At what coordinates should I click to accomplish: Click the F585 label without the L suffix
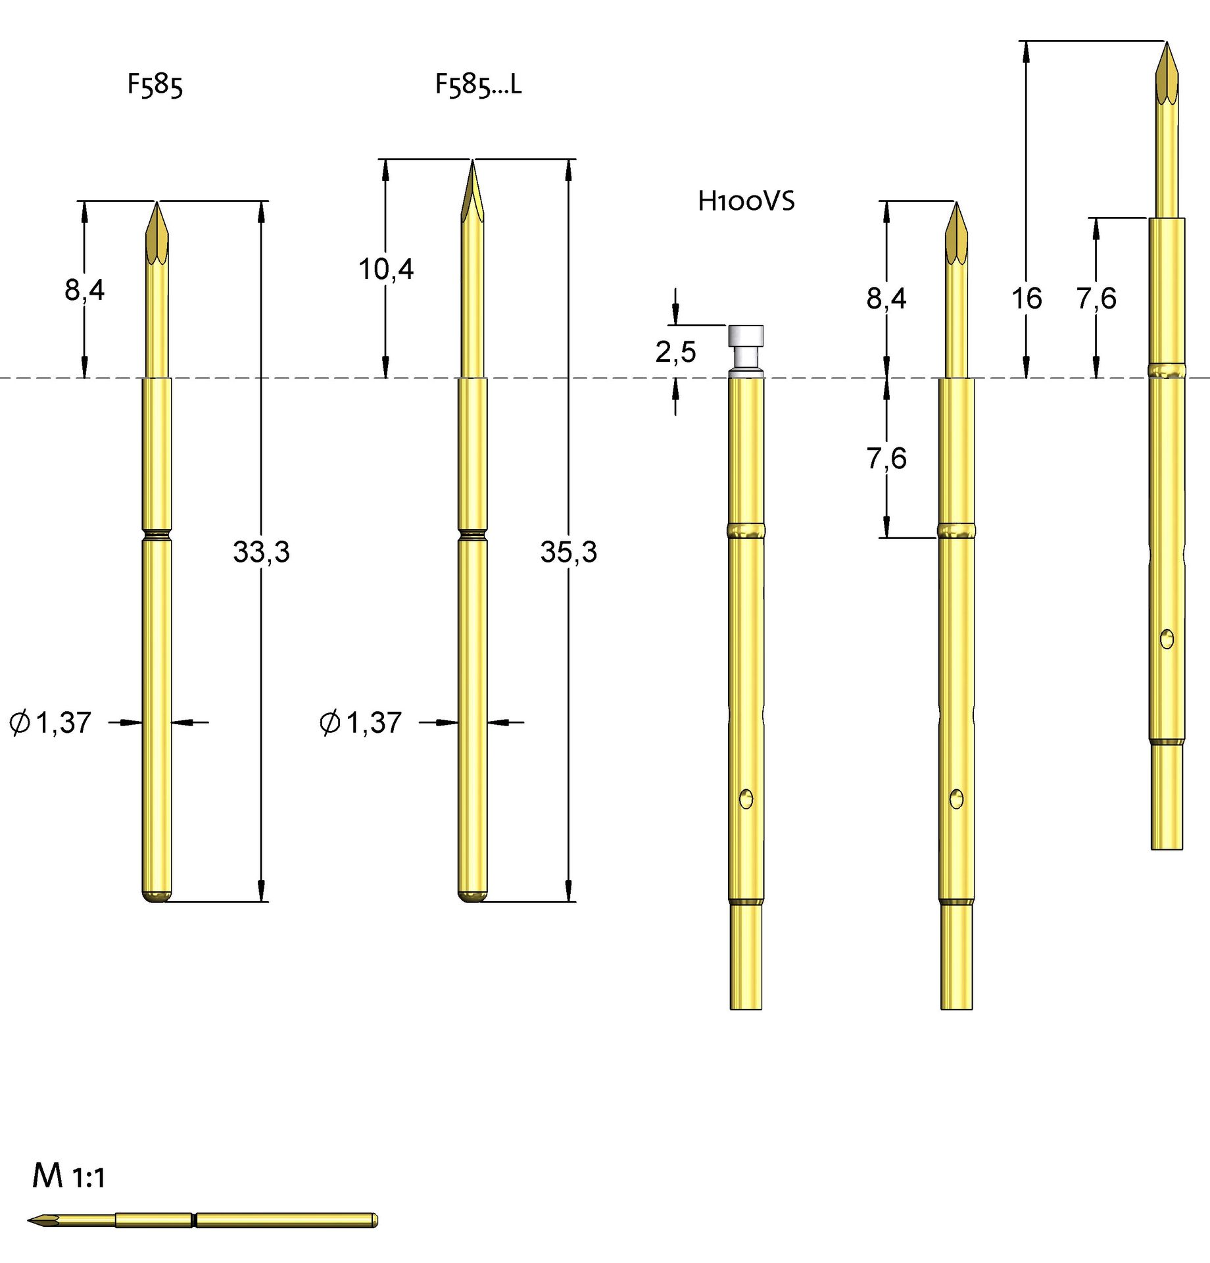point(155,86)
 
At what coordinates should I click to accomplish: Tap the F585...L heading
point(478,86)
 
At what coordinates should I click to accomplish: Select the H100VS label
point(746,201)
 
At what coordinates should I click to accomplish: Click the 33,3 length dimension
point(261,552)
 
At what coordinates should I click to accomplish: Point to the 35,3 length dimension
point(568,552)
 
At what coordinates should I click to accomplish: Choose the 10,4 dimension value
point(386,269)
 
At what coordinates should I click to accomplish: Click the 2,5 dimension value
point(675,352)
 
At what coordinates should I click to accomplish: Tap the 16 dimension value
point(1027,299)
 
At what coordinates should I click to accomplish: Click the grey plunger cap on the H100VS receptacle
point(746,336)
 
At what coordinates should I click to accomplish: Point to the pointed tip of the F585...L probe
point(472,164)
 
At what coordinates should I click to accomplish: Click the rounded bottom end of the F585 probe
point(157,896)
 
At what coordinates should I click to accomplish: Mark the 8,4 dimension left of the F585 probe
point(84,289)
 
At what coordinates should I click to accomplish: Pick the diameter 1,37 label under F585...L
point(360,722)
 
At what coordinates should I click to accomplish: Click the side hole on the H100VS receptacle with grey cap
point(746,799)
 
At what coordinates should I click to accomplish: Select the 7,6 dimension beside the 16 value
point(1096,299)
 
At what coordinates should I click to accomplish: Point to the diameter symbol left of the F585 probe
point(20,722)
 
